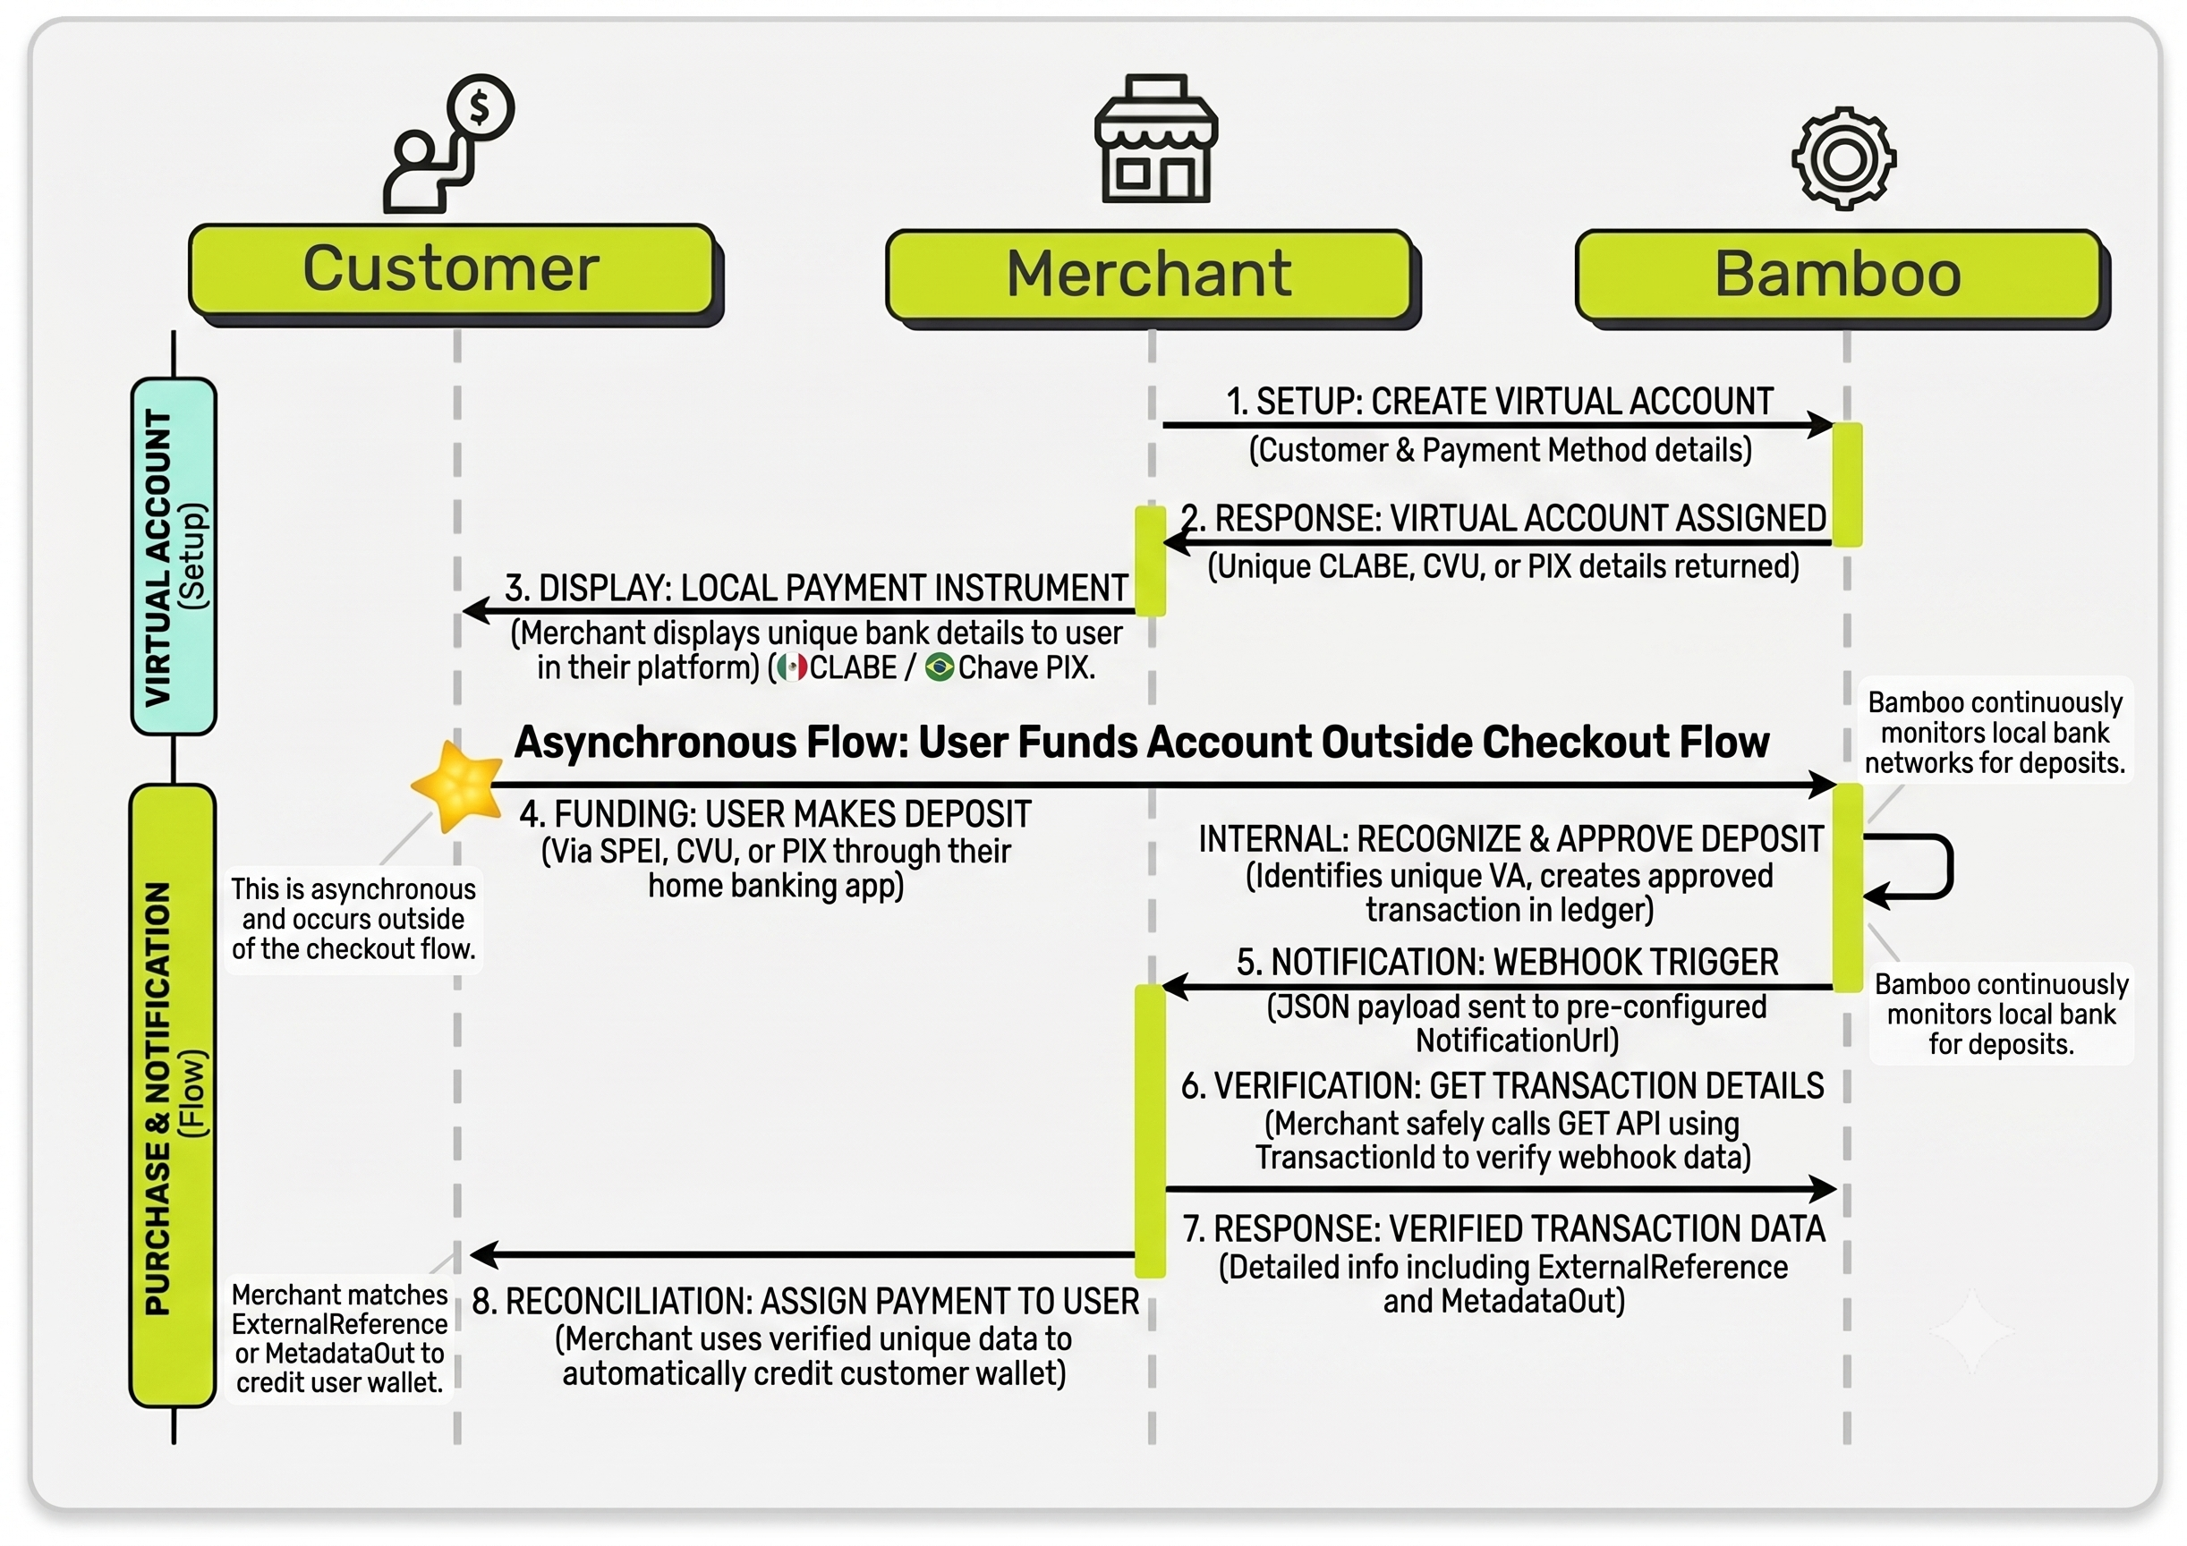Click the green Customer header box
pyautogui.click(x=453, y=269)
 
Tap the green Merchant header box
pyautogui.click(x=1150, y=275)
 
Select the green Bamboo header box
pyautogui.click(x=1838, y=275)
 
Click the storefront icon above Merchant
pyautogui.click(x=1155, y=138)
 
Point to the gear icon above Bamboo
pyautogui.click(x=1844, y=158)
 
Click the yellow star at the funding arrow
pyautogui.click(x=458, y=786)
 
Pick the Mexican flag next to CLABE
pyautogui.click(x=792, y=667)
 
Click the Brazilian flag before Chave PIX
pyautogui.click(x=940, y=667)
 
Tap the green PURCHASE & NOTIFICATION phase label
pyautogui.click(x=174, y=1095)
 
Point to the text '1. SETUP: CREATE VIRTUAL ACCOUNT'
pyautogui.click(x=1499, y=401)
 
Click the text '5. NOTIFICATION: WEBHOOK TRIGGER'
pyautogui.click(x=1507, y=962)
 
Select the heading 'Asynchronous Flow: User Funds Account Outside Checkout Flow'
pyautogui.click(x=1141, y=742)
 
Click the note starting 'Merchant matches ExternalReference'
pyautogui.click(x=340, y=1338)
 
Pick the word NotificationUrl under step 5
pyautogui.click(x=1518, y=1041)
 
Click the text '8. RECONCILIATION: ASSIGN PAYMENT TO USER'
pyautogui.click(x=806, y=1301)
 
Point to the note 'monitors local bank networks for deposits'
pyautogui.click(x=1995, y=733)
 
